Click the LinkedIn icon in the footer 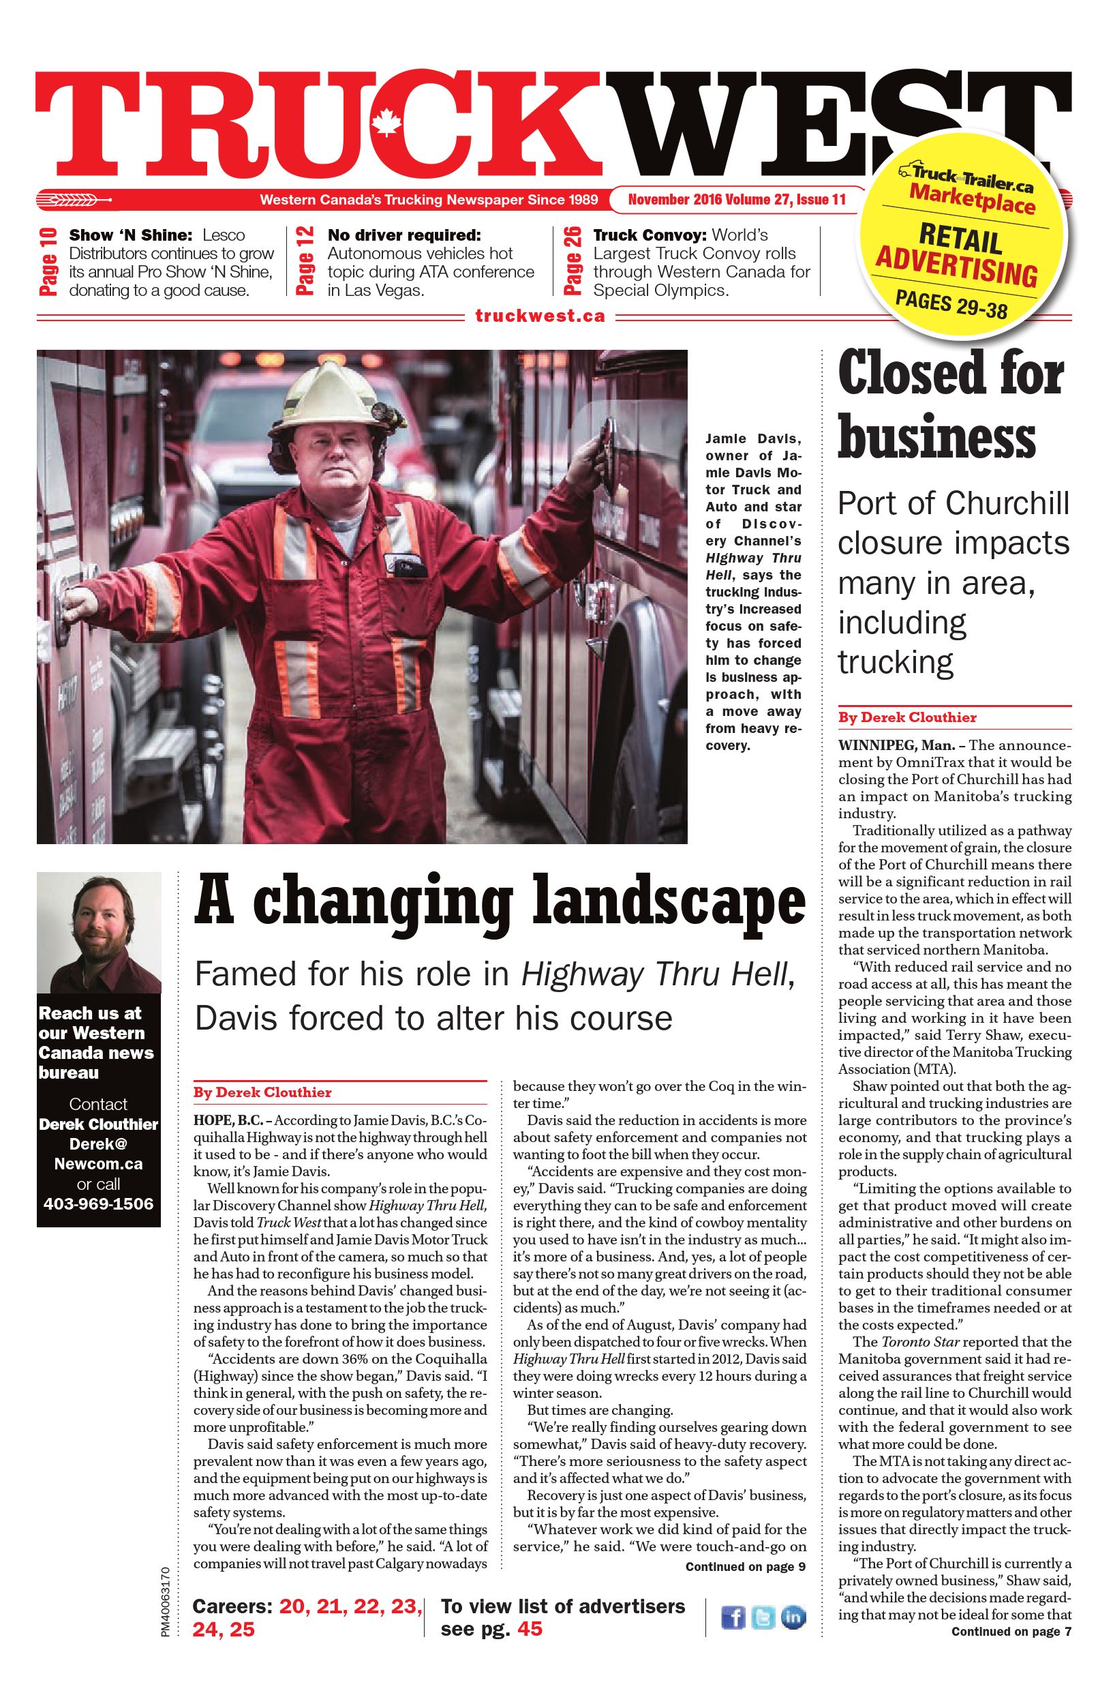pyautogui.click(x=793, y=1617)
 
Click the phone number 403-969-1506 pyautogui.click(x=98, y=1203)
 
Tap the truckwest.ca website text pyautogui.click(x=540, y=316)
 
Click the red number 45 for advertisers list pyautogui.click(x=529, y=1628)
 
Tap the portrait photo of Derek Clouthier pyautogui.click(x=99, y=932)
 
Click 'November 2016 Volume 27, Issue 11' pyautogui.click(x=737, y=200)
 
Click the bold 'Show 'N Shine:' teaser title pyautogui.click(x=132, y=235)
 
